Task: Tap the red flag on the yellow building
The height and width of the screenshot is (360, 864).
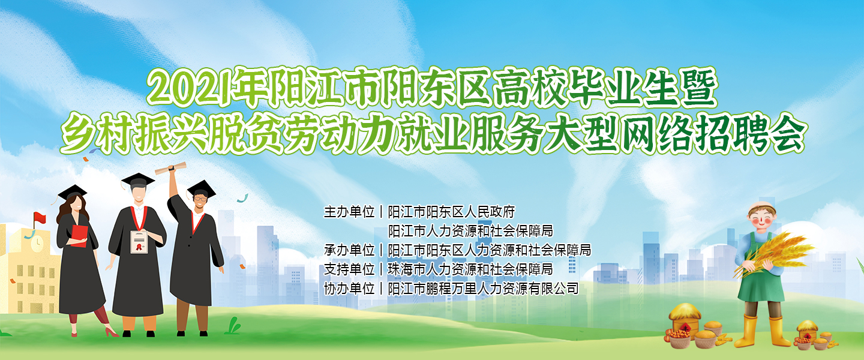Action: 40,218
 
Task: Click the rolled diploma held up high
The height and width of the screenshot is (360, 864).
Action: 170,169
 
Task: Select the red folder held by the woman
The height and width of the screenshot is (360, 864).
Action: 79,236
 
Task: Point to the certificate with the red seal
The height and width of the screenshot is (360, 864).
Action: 139,242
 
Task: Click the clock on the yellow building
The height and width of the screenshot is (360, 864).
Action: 37,244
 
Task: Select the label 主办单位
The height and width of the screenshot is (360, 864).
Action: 349,212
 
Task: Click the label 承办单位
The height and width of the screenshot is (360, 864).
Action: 349,250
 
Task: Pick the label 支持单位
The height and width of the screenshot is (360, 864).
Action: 349,269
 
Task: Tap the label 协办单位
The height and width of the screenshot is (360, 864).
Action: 349,288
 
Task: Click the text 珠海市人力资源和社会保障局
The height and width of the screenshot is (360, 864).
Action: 470,269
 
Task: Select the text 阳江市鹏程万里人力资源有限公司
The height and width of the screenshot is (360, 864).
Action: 484,288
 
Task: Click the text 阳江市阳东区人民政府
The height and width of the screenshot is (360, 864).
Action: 451,212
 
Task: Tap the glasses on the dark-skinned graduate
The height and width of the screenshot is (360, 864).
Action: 200,199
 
